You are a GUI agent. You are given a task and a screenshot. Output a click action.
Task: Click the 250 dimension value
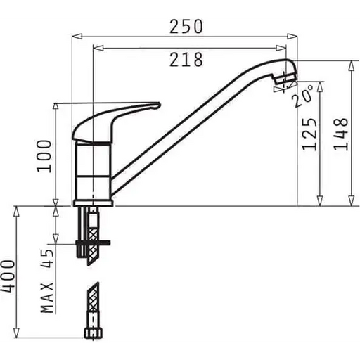pos(186,26)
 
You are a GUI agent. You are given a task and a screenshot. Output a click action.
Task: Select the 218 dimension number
pos(186,60)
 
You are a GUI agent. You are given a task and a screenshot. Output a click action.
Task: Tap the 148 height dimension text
pos(341,134)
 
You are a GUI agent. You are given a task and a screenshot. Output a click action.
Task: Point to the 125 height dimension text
pos(309,134)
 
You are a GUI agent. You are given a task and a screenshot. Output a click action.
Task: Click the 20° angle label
pos(303,96)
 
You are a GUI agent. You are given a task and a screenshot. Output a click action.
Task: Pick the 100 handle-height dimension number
pos(44,156)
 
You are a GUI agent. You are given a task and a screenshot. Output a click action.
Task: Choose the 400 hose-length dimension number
pos(8,276)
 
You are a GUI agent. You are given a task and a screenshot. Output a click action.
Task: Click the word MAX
pos(47,298)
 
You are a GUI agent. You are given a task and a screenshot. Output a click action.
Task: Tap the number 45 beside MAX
pos(47,258)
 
